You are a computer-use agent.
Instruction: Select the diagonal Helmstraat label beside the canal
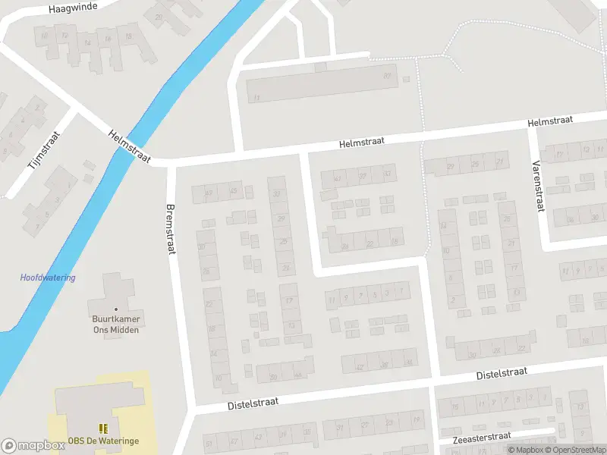pyautogui.click(x=131, y=145)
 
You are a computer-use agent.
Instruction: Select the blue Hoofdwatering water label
pyautogui.click(x=47, y=278)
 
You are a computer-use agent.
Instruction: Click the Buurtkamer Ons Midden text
pyautogui.click(x=115, y=325)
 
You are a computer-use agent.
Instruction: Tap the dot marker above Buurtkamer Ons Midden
pyautogui.click(x=116, y=309)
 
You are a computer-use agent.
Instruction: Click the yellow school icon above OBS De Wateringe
pyautogui.click(x=102, y=428)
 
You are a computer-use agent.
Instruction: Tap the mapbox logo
pyautogui.click(x=33, y=446)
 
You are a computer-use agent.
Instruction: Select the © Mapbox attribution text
pyautogui.click(x=526, y=450)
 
